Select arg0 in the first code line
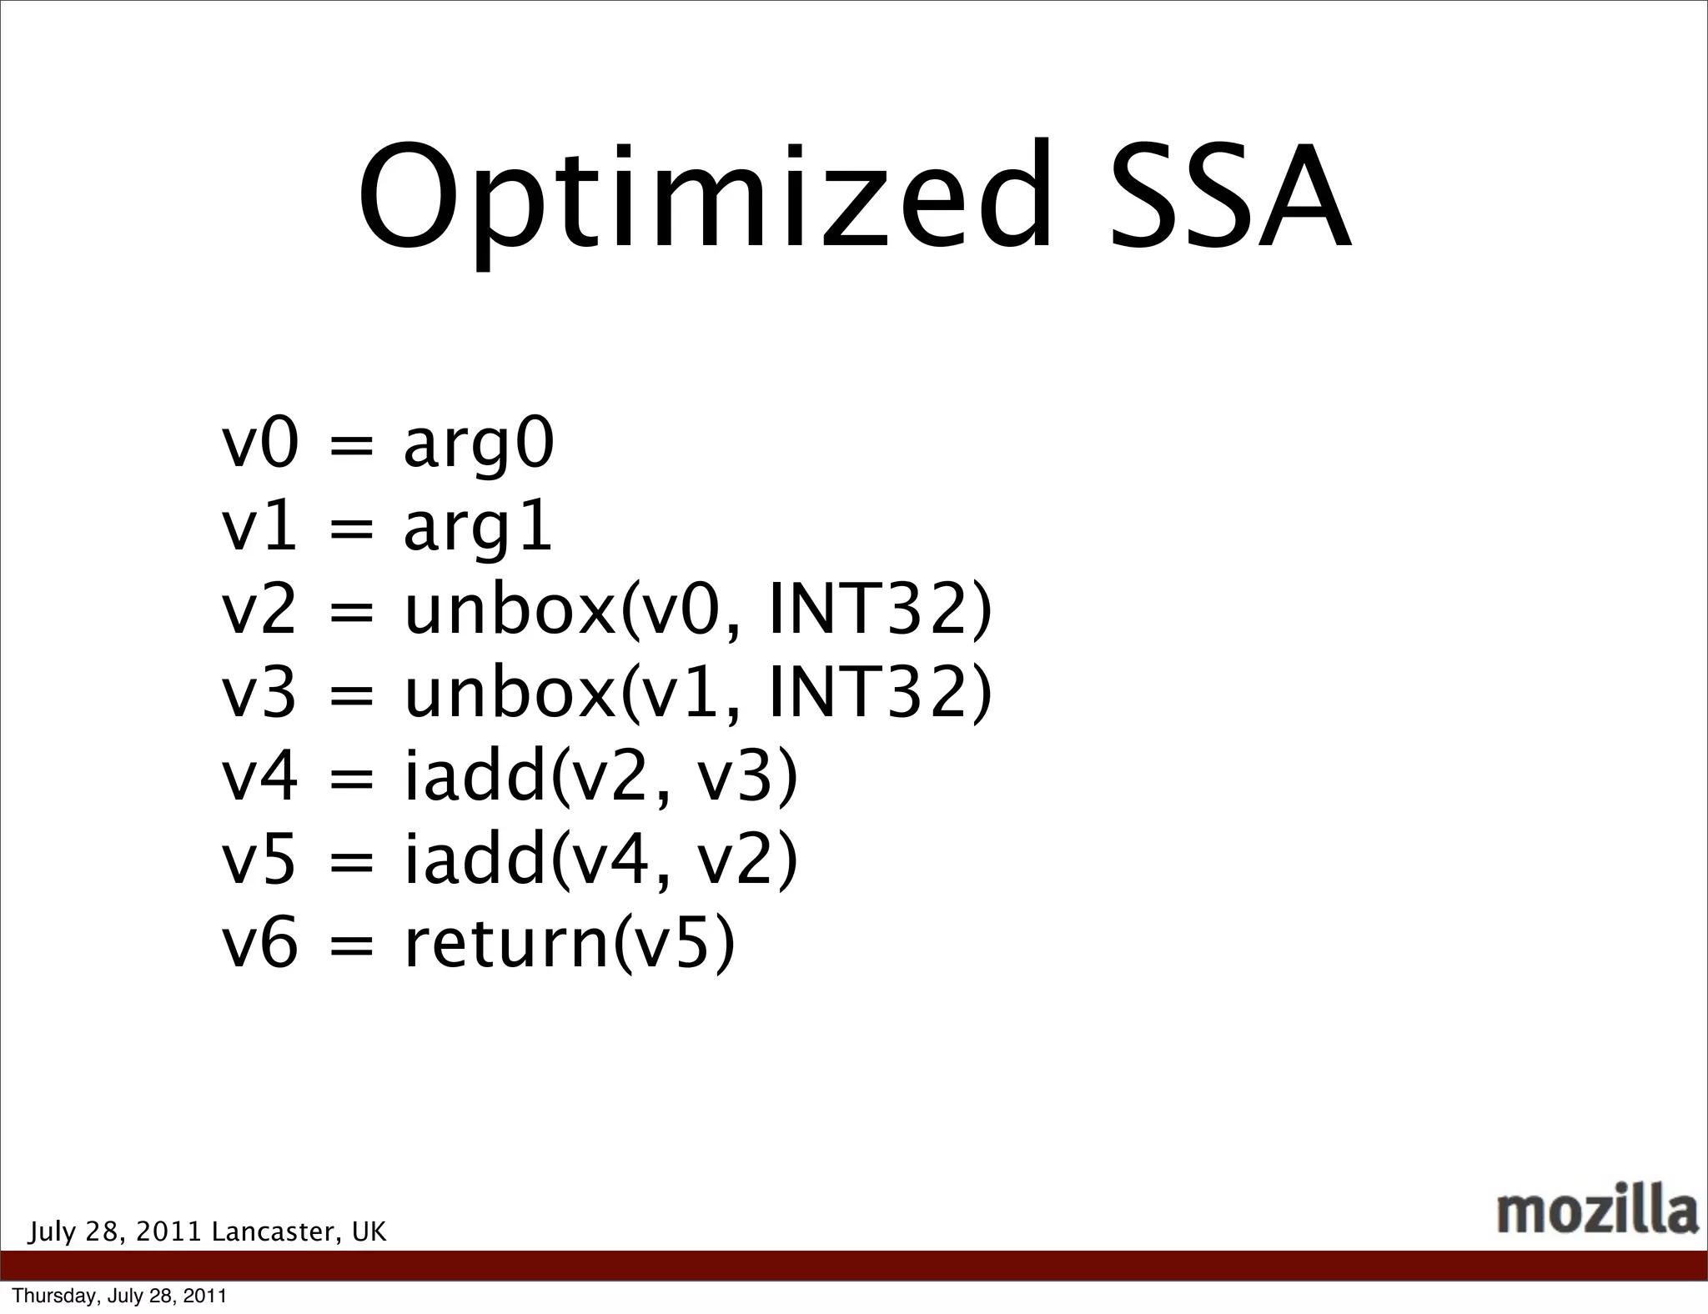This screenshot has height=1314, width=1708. point(479,447)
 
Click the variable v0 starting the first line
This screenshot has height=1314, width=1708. point(259,444)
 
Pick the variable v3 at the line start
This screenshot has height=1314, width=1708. point(259,694)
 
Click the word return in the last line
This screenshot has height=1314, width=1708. point(507,944)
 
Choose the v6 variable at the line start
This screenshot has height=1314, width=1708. point(259,944)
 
